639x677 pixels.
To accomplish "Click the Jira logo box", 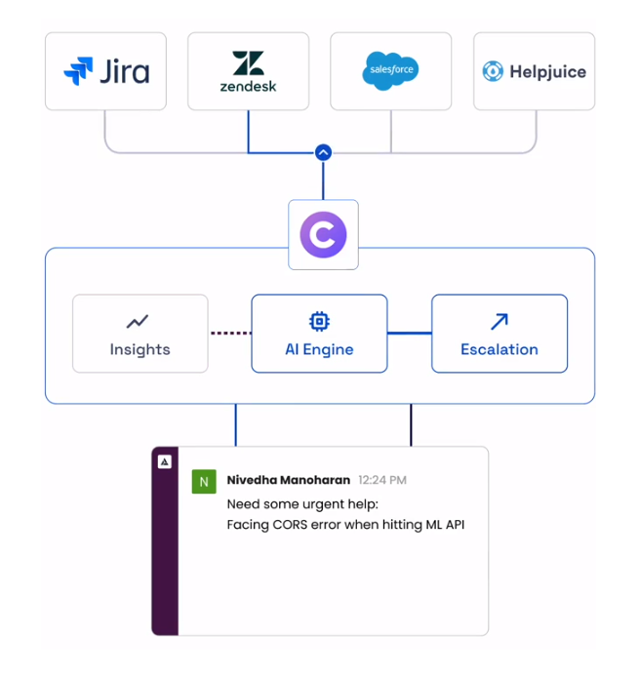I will pyautogui.click(x=105, y=71).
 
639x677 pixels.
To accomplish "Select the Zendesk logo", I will pyautogui.click(x=248, y=71).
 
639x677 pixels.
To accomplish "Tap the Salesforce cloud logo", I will pyautogui.click(x=390, y=70).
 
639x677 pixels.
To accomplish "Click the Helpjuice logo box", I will pyautogui.click(x=534, y=71).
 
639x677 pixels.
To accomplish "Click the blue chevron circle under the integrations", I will pyautogui.click(x=323, y=152).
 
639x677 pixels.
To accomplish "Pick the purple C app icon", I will pyautogui.click(x=323, y=235).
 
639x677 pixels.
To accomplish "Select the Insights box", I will pyautogui.click(x=140, y=334).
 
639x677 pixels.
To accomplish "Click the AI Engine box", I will pyautogui.click(x=319, y=334).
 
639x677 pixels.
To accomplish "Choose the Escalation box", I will pyautogui.click(x=499, y=334).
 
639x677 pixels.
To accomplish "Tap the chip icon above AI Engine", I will pyautogui.click(x=319, y=320).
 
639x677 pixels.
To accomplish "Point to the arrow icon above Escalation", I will pyautogui.click(x=499, y=320).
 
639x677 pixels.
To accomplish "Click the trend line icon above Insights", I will pyautogui.click(x=138, y=321).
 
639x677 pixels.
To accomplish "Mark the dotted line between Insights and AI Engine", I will pyautogui.click(x=229, y=334).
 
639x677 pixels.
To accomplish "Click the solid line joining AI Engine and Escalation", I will pyautogui.click(x=409, y=334).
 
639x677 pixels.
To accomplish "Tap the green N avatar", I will pyautogui.click(x=204, y=482).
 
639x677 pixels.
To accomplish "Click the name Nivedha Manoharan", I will pyautogui.click(x=288, y=480).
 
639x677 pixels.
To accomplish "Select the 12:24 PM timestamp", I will pyautogui.click(x=382, y=480).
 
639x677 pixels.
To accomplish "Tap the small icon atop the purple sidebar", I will pyautogui.click(x=164, y=461).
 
